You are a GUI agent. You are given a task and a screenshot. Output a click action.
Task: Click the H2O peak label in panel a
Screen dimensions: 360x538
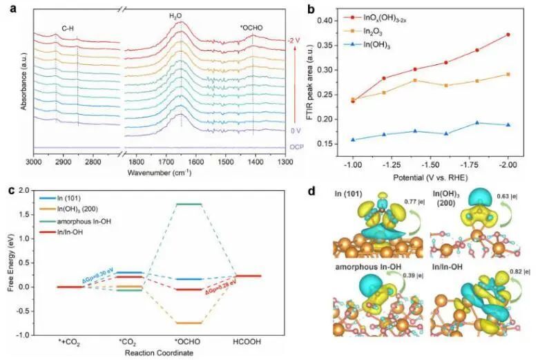[x=180, y=15]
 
